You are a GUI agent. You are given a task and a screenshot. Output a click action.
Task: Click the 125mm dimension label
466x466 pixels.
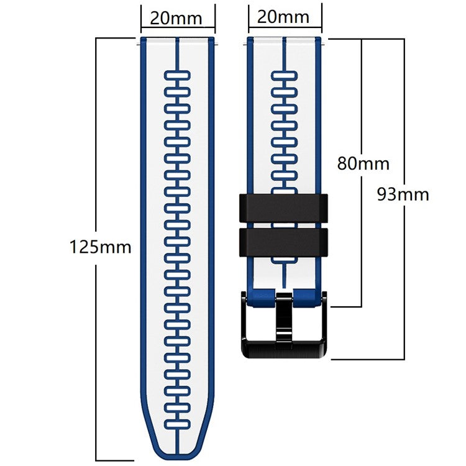100,247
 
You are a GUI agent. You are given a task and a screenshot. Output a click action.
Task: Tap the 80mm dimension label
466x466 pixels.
363,163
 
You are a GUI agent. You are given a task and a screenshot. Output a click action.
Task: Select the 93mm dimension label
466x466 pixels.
402,194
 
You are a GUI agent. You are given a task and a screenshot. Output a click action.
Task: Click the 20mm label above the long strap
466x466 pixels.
176,18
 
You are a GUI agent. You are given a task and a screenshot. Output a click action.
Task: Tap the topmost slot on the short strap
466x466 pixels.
285,76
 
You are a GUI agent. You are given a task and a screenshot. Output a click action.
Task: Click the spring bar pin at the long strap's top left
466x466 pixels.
138,42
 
